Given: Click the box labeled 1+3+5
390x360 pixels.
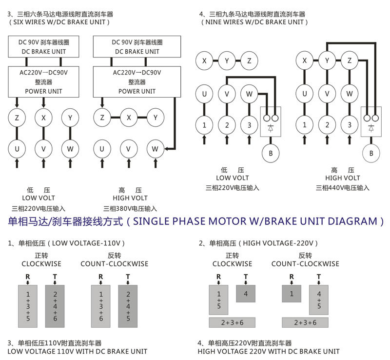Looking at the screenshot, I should coord(28,306).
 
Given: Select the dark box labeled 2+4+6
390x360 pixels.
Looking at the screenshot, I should coord(55,306).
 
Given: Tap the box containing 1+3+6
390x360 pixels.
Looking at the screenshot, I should coord(101,306).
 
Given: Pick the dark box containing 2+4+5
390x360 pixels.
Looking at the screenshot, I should coord(128,306).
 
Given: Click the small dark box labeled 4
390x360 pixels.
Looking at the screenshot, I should coord(246,293).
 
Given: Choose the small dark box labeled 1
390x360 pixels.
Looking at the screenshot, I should coord(292,293).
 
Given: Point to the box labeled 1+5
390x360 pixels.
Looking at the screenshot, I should coord(219,300).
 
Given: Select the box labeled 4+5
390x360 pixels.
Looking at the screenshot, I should coord(319,300).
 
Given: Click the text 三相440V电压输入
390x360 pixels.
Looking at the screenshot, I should coord(343,187).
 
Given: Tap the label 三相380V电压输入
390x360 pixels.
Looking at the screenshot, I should coord(130,208).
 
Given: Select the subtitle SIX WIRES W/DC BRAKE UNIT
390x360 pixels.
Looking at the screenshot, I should coord(59,22).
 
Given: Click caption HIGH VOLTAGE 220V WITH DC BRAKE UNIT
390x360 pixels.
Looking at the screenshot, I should coord(269,351).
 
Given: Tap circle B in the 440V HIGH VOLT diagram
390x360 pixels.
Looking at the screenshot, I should coord(372,153).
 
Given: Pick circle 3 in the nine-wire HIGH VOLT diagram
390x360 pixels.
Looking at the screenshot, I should coord(349,125).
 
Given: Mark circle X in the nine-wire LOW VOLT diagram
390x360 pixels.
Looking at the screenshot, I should coord(204,61).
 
